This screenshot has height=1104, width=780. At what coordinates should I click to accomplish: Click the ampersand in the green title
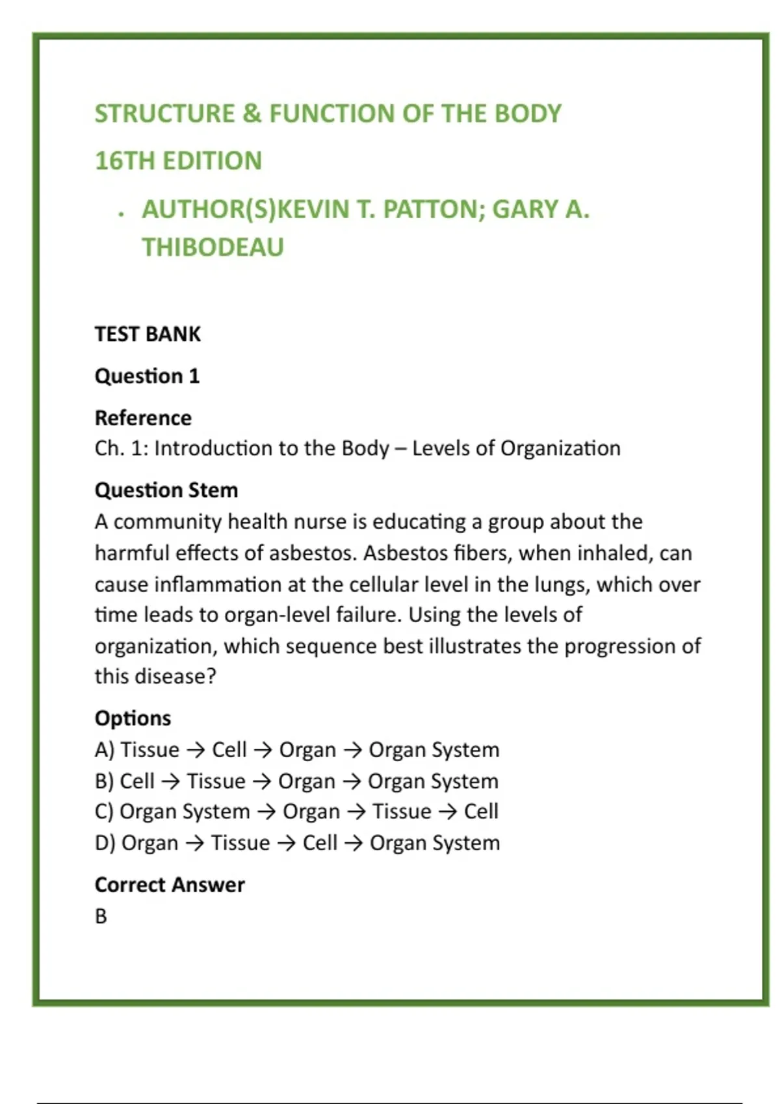click(x=252, y=114)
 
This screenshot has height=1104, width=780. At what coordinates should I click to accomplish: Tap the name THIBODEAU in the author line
click(x=213, y=247)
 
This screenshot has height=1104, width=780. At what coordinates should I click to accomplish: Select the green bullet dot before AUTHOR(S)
click(x=122, y=214)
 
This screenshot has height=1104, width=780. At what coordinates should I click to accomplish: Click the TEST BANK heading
click(x=148, y=334)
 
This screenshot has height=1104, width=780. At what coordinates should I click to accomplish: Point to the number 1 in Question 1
click(x=194, y=376)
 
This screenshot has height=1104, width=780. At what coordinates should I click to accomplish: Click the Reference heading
click(x=143, y=418)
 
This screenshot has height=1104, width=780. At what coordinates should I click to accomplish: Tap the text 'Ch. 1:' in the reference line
click(x=121, y=448)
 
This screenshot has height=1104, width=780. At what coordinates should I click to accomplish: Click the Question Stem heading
click(x=166, y=490)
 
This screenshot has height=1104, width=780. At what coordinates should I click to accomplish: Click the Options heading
click(x=133, y=718)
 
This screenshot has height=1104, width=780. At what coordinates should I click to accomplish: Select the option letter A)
click(x=104, y=750)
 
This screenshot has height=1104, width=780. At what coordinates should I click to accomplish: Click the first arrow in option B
click(x=170, y=781)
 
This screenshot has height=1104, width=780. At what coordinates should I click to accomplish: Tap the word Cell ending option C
click(x=481, y=812)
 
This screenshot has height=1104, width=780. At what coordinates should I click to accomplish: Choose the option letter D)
click(x=105, y=843)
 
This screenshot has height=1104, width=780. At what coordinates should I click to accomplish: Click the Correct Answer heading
click(x=170, y=884)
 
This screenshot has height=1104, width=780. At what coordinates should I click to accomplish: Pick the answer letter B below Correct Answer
click(x=101, y=916)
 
